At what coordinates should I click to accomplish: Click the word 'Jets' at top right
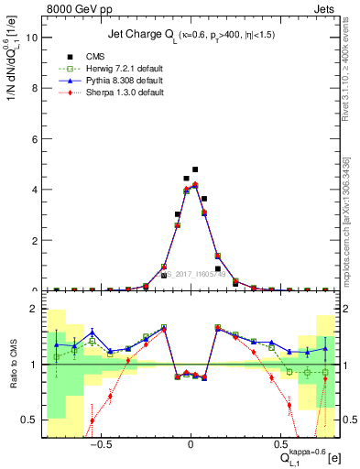322,9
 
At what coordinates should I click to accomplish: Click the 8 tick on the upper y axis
34,89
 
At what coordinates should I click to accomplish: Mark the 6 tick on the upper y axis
34,139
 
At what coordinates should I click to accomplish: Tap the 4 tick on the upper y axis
34,190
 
